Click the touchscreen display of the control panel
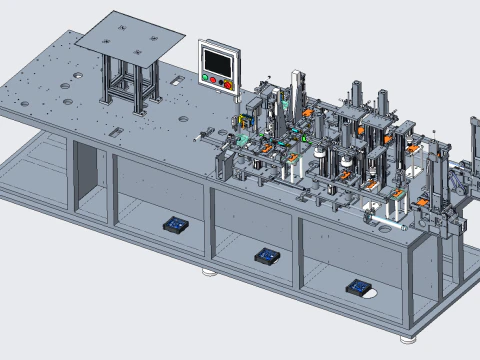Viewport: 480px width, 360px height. tap(218, 59)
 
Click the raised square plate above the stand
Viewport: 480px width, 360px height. tap(129, 36)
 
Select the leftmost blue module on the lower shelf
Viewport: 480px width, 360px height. tap(176, 224)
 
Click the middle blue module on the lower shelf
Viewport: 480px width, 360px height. tap(267, 256)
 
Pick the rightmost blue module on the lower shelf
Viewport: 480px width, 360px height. tap(359, 288)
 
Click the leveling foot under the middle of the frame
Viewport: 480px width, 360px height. tap(209, 270)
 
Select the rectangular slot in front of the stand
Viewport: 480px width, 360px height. tap(117, 131)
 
